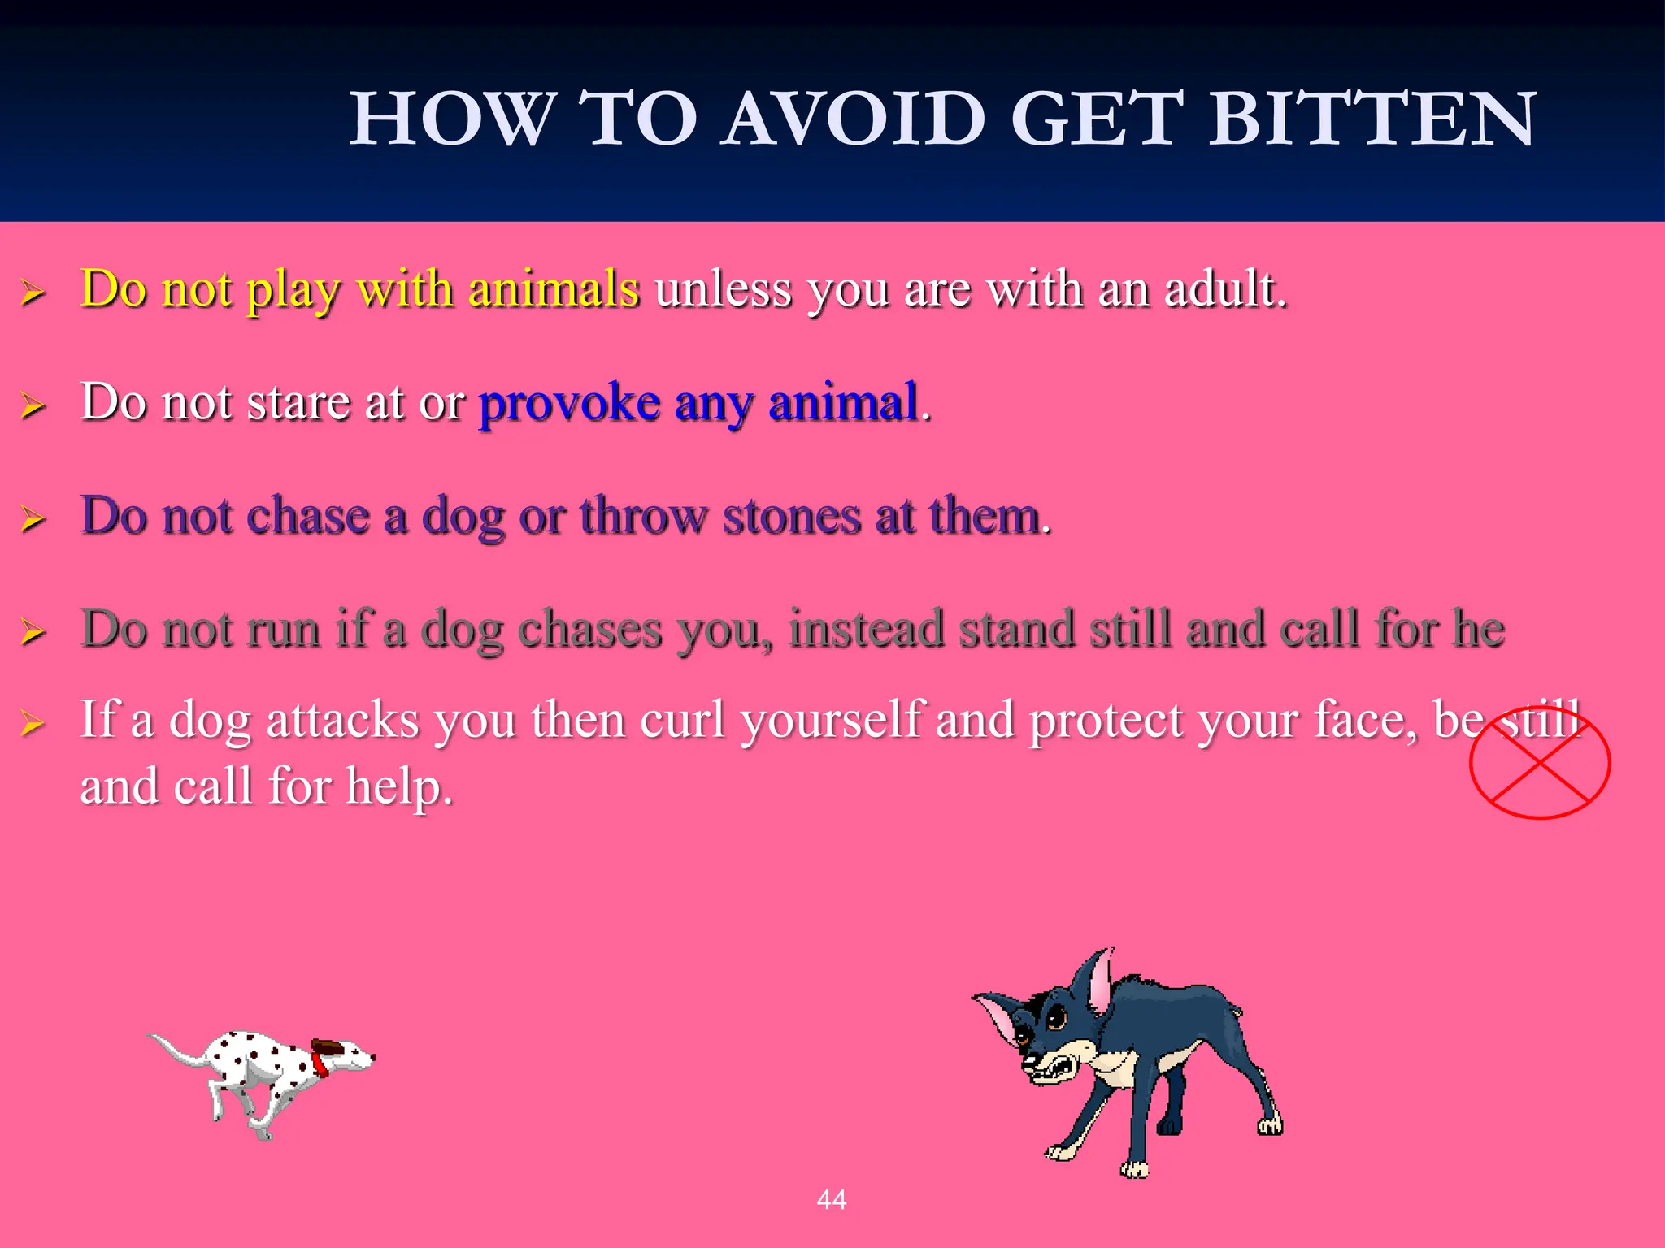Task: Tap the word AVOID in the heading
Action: click(854, 119)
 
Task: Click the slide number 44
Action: click(832, 1199)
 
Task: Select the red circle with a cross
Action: click(1540, 762)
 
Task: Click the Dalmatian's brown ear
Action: click(329, 1046)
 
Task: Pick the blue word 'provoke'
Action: click(569, 403)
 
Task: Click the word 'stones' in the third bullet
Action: click(791, 517)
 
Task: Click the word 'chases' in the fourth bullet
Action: click(589, 630)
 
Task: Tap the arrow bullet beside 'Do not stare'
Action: click(33, 405)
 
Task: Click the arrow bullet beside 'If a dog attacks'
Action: click(33, 722)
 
